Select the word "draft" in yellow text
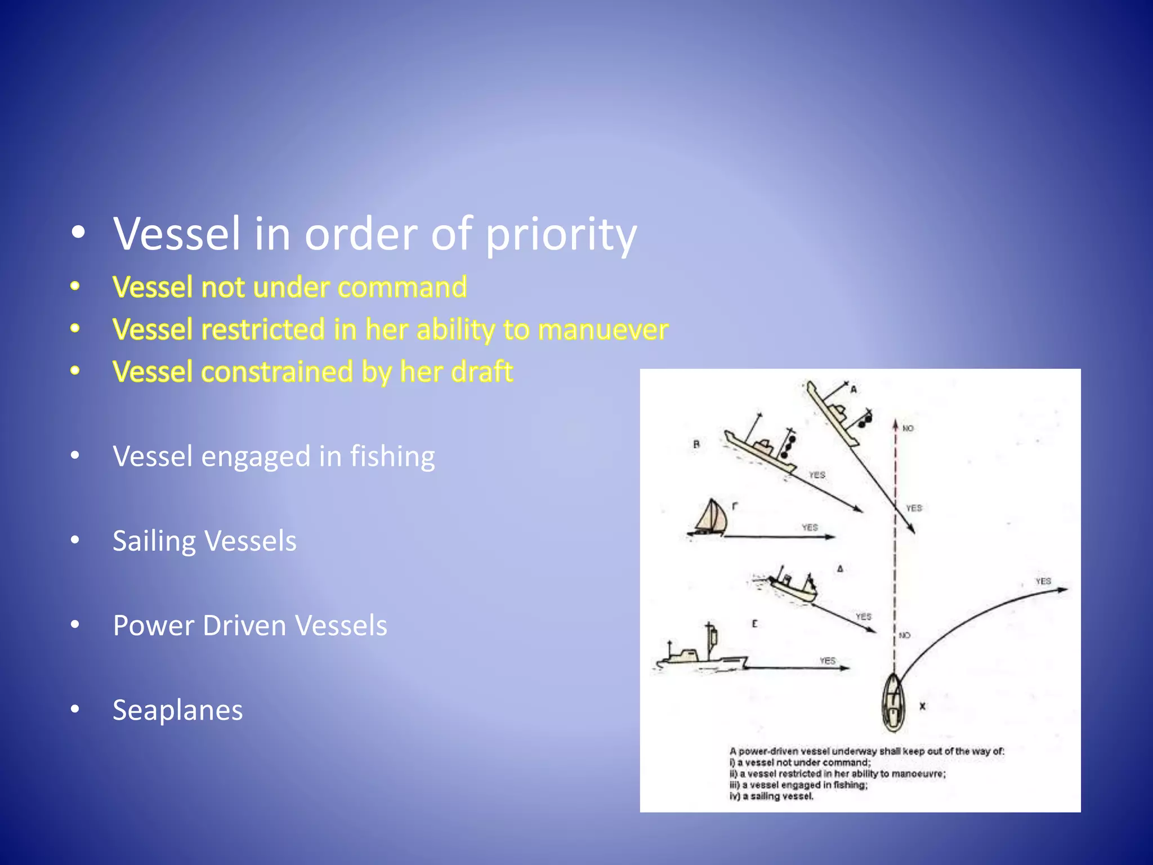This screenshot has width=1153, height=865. tap(482, 372)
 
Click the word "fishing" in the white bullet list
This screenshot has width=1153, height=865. tap(392, 456)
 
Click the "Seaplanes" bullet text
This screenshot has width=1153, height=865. tap(178, 710)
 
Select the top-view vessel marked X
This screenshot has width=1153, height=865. tap(893, 702)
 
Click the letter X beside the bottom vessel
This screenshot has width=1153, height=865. tap(922, 706)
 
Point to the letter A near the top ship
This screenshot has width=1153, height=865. tap(853, 390)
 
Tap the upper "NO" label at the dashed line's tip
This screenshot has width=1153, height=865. tap(908, 429)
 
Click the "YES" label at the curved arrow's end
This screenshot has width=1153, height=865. tap(1043, 581)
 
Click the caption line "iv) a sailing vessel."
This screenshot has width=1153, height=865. tap(771, 796)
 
